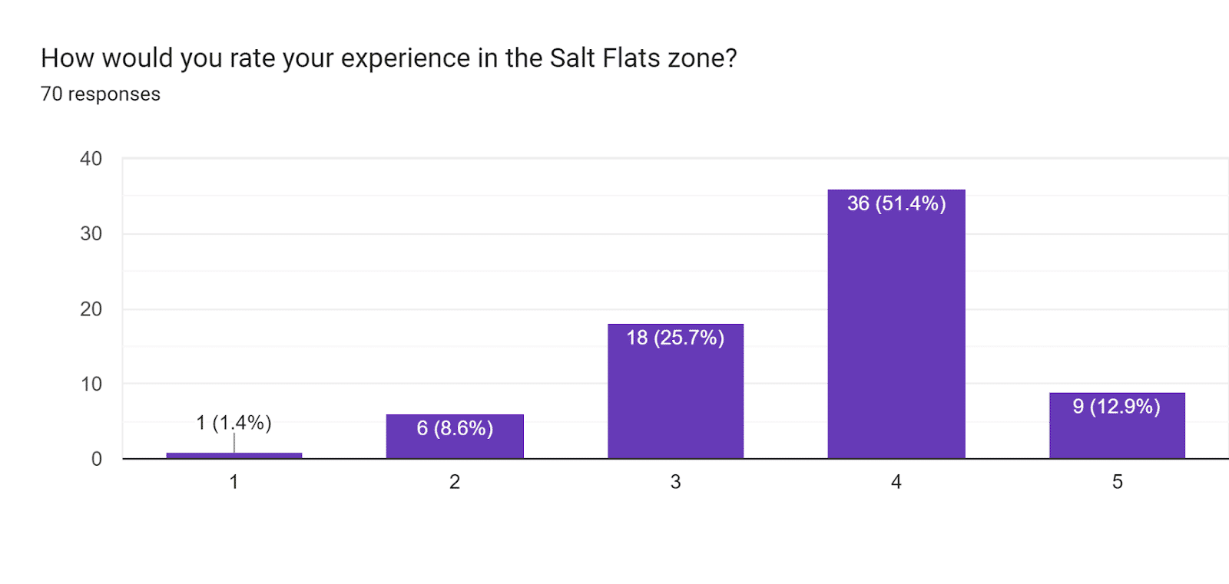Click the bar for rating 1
pos(234,455)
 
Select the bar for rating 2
pos(455,436)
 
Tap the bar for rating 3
pos(675,391)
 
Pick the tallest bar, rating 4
pos(896,324)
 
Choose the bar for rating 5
pos(1117,425)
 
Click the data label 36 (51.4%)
pos(896,203)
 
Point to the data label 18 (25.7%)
pos(675,338)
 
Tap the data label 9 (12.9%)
pos(1117,407)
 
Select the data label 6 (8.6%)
pos(455,428)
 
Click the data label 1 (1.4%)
pos(234,423)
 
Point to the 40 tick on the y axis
pos(91,159)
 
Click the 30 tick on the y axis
pos(91,233)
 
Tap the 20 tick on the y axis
pos(91,308)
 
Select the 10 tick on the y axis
pos(91,384)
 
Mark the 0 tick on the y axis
pos(97,459)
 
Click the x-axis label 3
pos(675,482)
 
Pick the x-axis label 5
pos(1117,482)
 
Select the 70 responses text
pos(101,94)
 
